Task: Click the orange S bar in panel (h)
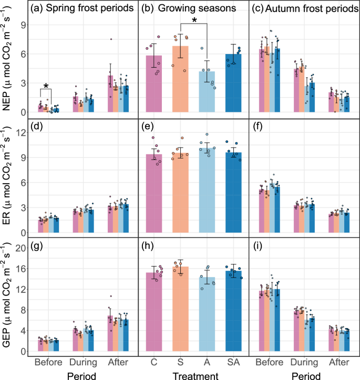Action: [182, 310]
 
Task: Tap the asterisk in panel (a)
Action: [46, 87]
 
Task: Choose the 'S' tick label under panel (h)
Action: [182, 363]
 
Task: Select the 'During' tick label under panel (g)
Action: [83, 363]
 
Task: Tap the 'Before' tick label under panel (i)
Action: [268, 363]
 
